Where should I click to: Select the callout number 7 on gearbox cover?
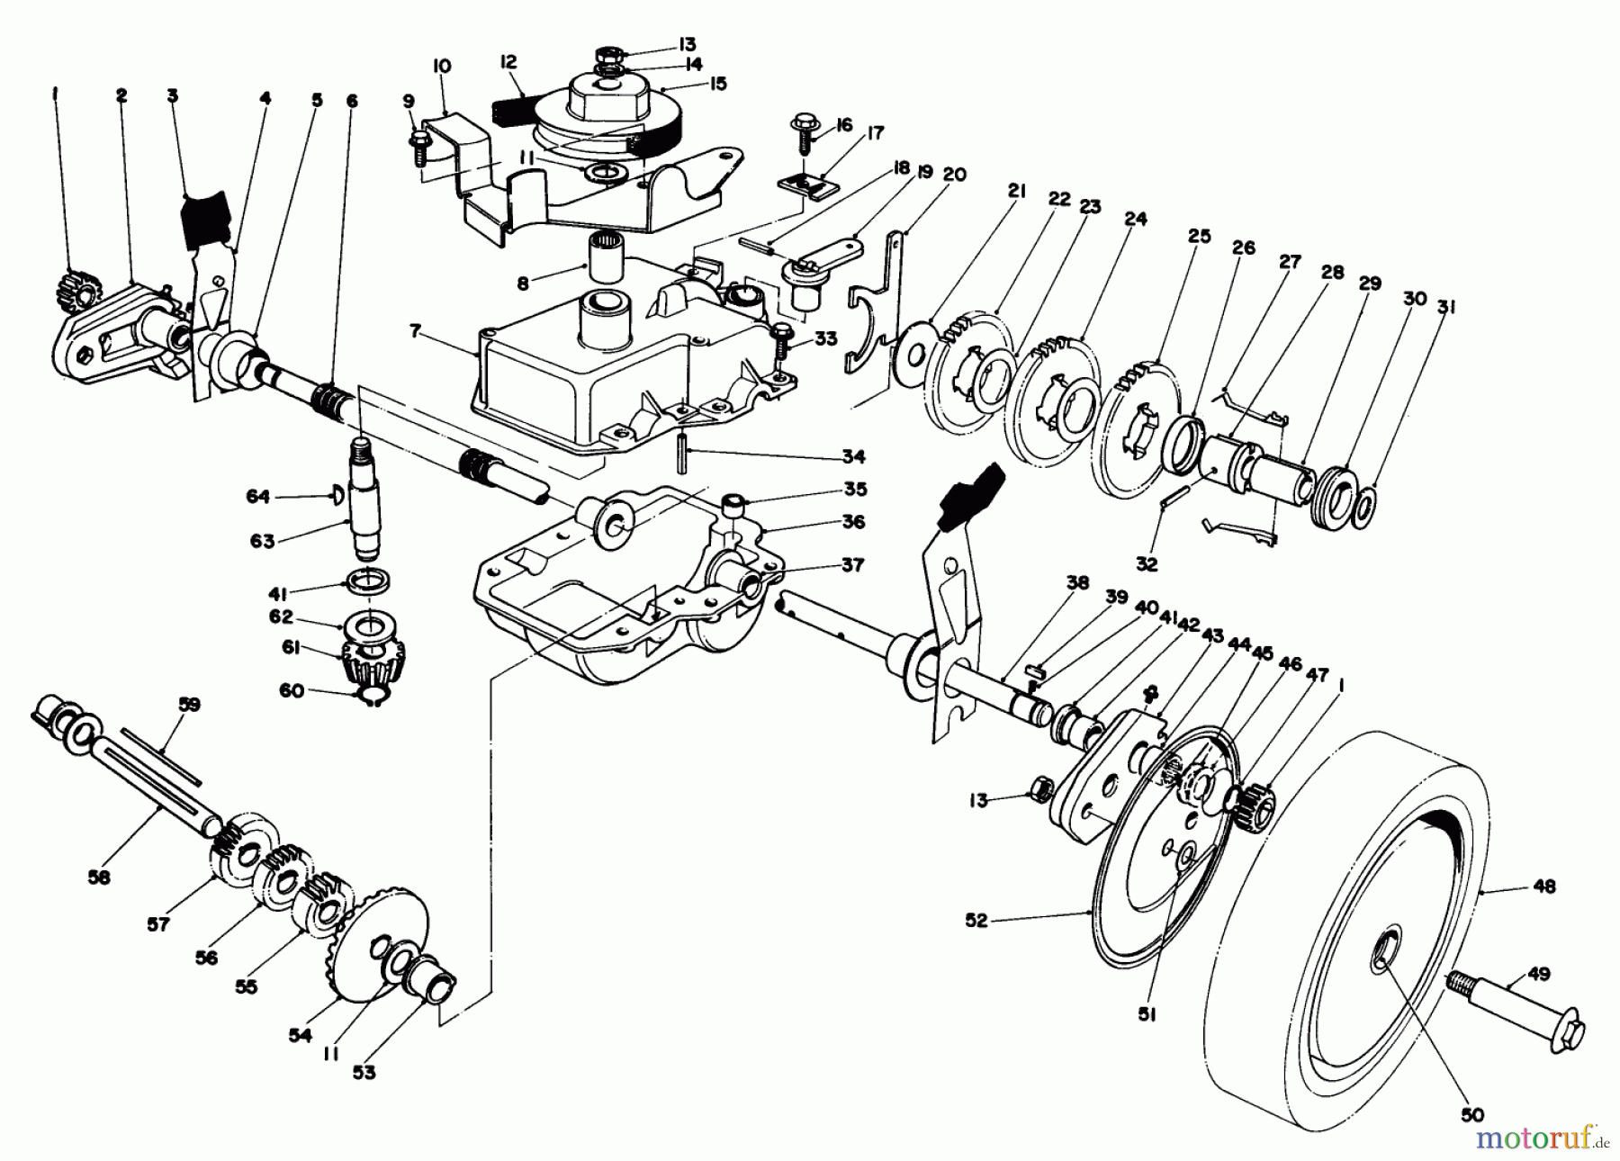(415, 332)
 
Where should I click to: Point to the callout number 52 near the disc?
(976, 920)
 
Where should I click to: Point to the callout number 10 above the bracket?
(441, 67)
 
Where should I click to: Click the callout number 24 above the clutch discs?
(1135, 219)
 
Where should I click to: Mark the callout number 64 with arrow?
(258, 496)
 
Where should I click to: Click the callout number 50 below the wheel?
(1471, 1115)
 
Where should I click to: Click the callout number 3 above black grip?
(172, 95)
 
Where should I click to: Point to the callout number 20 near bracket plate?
(955, 174)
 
